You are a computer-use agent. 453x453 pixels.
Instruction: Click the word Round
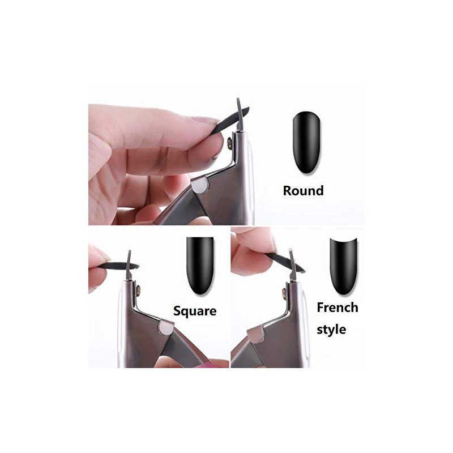pos(303,191)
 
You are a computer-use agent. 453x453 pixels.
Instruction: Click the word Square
pos(195,311)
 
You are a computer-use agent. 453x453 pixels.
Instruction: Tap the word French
pos(337,307)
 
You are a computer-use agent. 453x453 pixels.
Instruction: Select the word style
pos(331,330)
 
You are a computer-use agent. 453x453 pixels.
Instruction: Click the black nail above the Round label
pos(306,143)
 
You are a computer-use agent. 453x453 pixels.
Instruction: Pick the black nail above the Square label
pos(200,266)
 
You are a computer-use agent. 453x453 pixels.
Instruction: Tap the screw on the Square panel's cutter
pos(138,290)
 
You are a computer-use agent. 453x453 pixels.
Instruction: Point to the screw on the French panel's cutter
pos(284,293)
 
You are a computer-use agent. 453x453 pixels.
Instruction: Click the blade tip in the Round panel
pos(238,100)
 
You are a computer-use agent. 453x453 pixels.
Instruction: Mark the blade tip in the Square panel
pos(130,252)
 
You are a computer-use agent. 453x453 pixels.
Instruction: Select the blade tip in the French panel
pos(290,251)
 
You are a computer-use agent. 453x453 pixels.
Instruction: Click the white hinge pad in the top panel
pos(200,185)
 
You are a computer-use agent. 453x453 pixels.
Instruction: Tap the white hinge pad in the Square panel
pos(166,328)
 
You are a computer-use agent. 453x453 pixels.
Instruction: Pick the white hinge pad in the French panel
pos(256,335)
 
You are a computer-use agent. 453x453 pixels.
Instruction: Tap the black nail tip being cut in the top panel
pos(230,121)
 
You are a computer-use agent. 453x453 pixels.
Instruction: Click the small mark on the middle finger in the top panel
pos(215,157)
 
